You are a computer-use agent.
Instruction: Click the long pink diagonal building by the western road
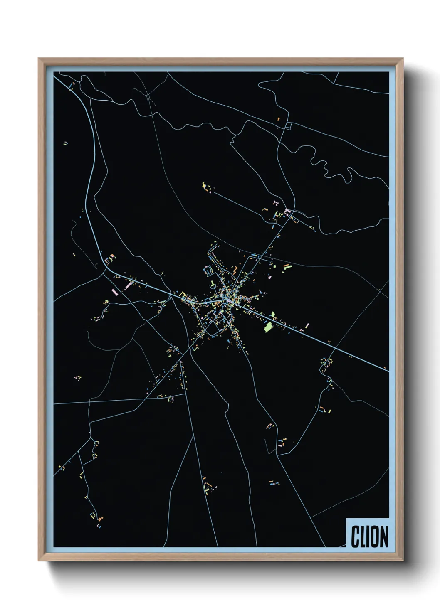[129, 285]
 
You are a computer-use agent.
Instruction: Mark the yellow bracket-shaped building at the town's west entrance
[182, 294]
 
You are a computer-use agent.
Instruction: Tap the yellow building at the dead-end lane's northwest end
[204, 185]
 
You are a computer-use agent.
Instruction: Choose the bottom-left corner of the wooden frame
[39, 561]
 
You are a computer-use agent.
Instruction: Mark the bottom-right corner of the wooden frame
[403, 561]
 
